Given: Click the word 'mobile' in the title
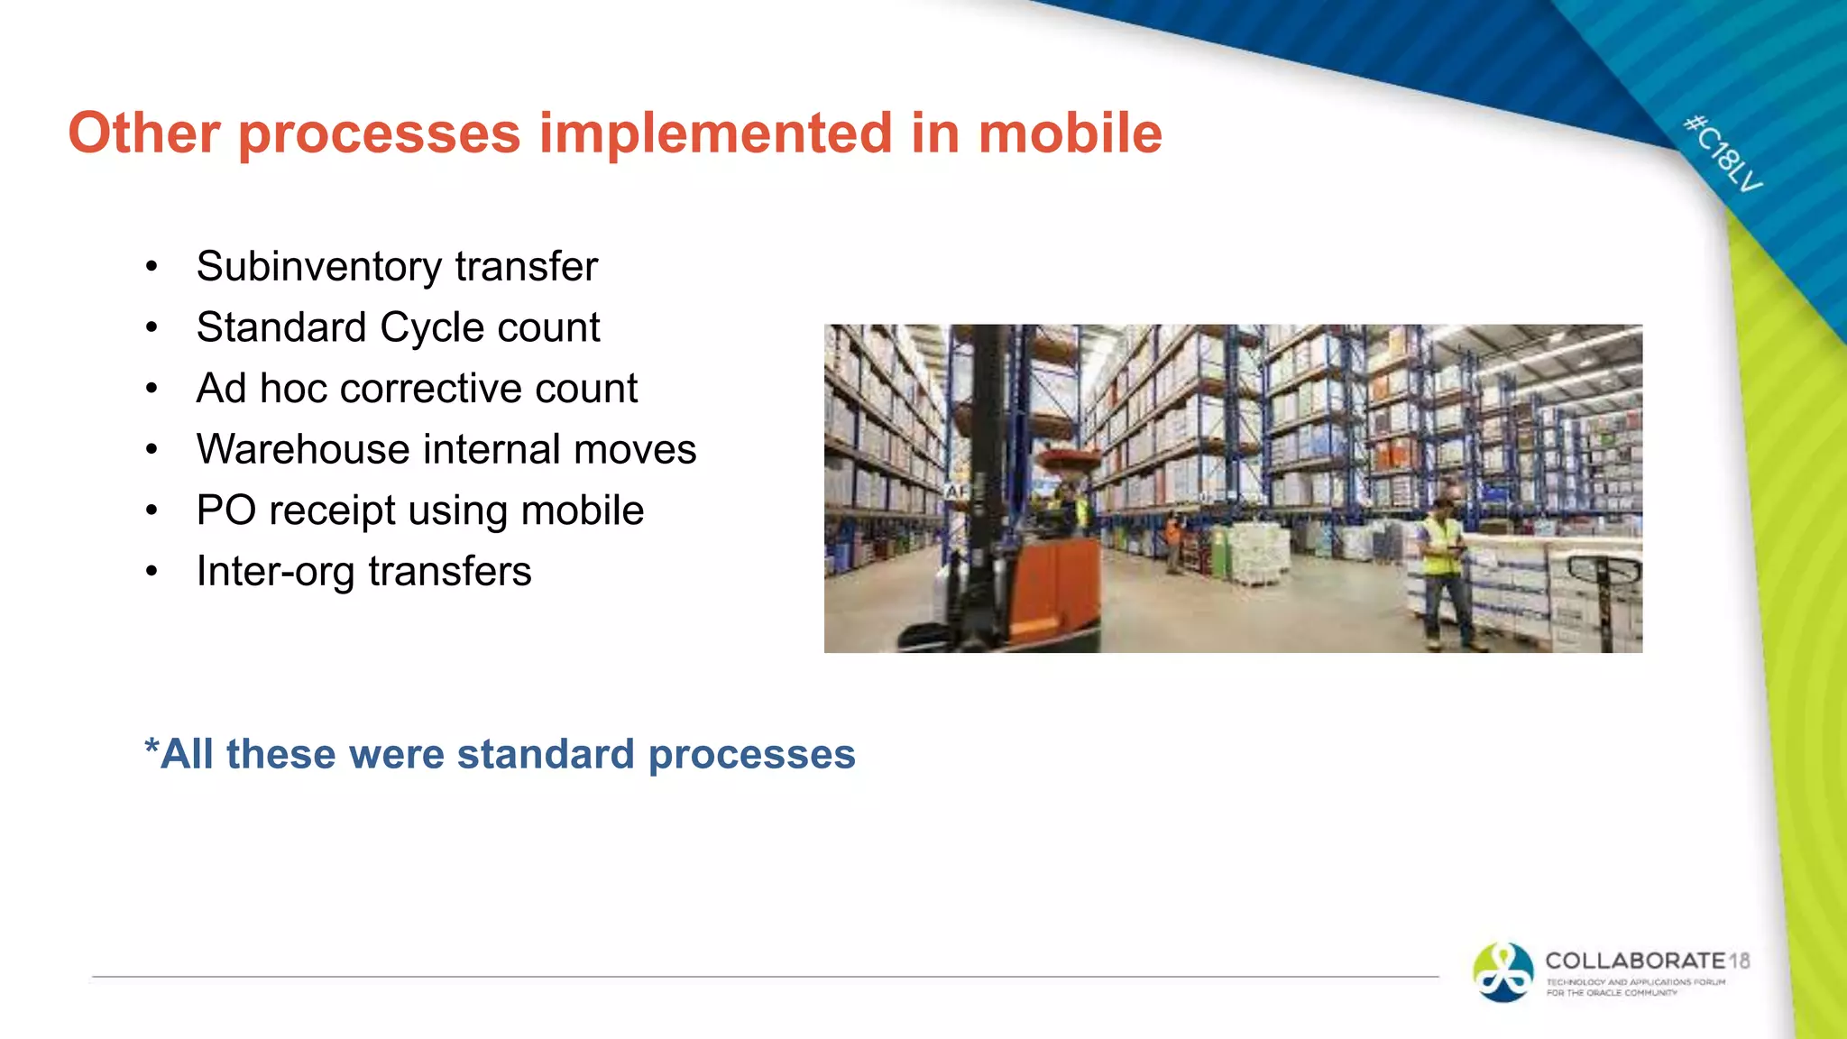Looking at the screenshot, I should (1070, 133).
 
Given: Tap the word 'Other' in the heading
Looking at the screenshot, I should (143, 133).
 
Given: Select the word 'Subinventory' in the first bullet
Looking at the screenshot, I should (319, 267).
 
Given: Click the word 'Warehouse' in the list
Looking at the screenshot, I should (302, 449).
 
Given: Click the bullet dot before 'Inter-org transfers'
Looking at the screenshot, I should (152, 572).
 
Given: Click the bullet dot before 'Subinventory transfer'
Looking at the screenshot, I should (152, 267).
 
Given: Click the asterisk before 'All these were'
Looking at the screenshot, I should (152, 749).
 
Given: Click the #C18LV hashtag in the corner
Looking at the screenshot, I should (1723, 153).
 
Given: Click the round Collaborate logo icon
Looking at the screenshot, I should (1502, 972).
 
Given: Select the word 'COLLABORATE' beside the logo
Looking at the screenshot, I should (1634, 961).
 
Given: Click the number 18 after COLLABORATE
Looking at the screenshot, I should (1740, 961).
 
